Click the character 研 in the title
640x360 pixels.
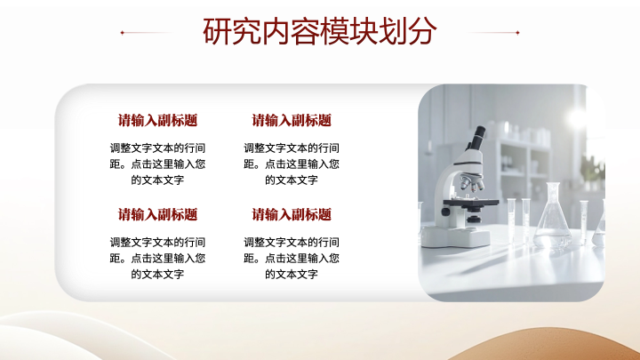(217, 31)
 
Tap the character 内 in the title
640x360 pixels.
(276, 31)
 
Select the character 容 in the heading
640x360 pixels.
(305, 31)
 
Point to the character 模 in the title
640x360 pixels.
(334, 31)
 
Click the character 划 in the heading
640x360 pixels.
(393, 31)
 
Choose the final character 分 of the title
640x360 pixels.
(422, 31)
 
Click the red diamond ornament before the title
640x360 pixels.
(122, 32)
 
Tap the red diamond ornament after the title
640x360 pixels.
(517, 32)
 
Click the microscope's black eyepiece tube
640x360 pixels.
(476, 138)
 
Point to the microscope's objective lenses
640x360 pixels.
(472, 182)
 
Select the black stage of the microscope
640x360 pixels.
(470, 202)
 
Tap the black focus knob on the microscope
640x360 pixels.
(445, 212)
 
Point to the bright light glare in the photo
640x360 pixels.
(578, 118)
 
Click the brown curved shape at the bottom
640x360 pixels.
(547, 345)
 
